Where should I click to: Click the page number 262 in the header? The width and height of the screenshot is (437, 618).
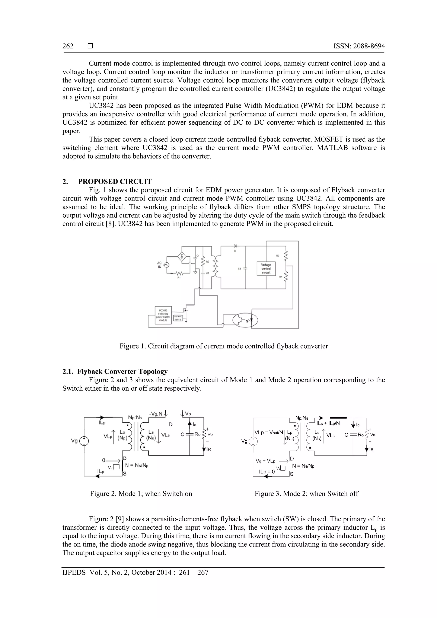(x=68, y=46)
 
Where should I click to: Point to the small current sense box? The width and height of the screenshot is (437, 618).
(x=178, y=318)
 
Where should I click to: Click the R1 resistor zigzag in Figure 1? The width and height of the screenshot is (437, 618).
(x=179, y=273)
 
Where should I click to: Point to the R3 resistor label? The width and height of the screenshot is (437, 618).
(x=278, y=255)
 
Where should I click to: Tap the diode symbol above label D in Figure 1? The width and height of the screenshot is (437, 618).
(x=235, y=246)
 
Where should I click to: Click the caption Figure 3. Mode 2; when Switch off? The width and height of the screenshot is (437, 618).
(x=306, y=494)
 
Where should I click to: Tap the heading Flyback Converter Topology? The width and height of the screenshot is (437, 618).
(x=122, y=371)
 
